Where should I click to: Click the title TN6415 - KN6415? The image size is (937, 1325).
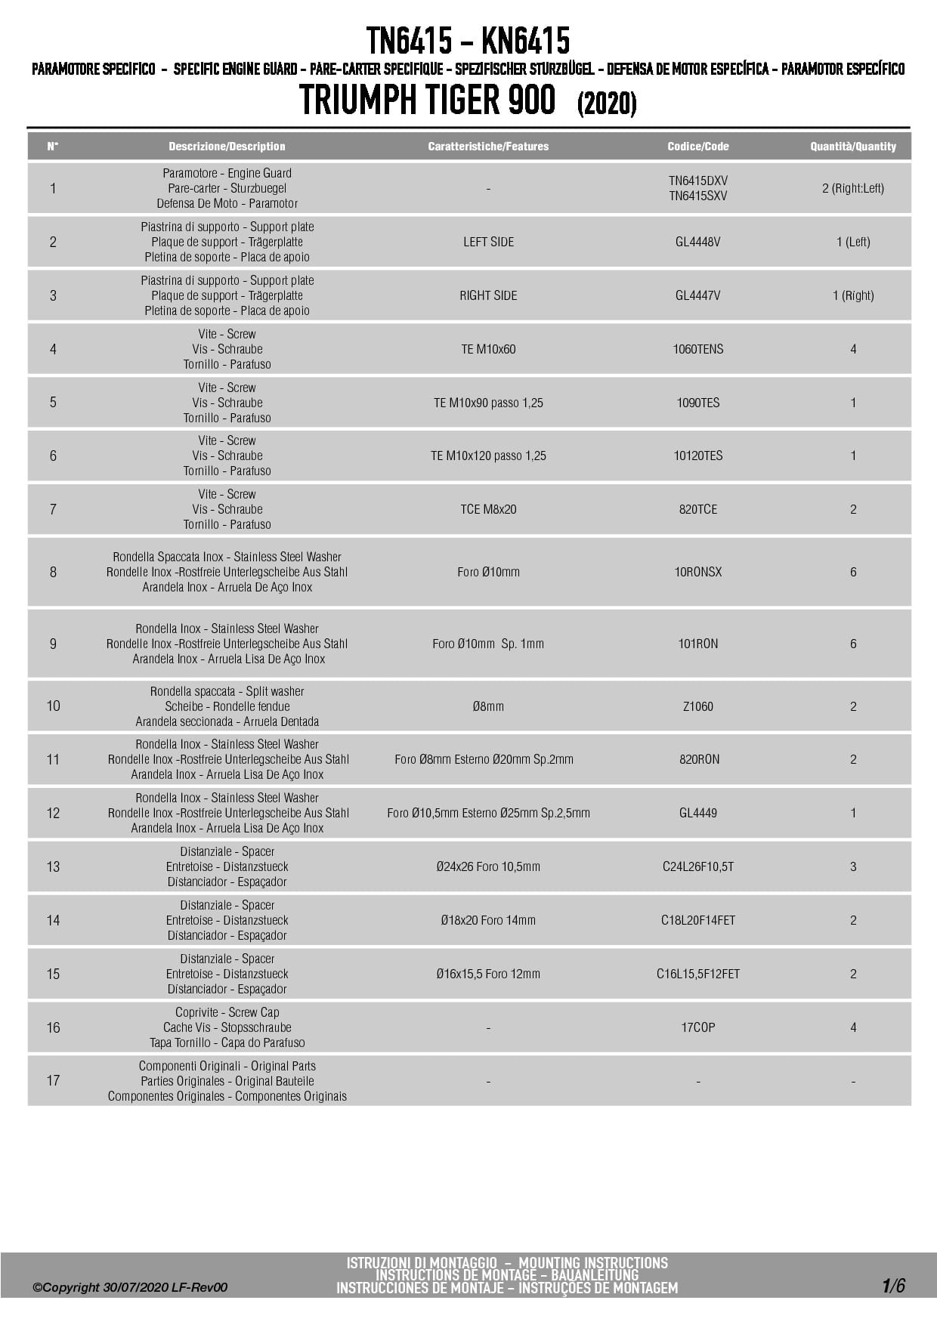[468, 40]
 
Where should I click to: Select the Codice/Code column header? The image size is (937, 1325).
[697, 147]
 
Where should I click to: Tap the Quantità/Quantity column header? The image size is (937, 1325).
[853, 147]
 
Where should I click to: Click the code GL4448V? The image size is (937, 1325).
[697, 242]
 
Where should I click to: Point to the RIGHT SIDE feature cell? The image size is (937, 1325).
[488, 295]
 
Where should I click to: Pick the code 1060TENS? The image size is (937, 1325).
[697, 349]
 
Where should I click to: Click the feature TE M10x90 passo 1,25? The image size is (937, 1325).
[488, 403]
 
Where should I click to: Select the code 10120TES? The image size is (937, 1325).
[697, 456]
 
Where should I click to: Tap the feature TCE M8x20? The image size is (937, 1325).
[488, 509]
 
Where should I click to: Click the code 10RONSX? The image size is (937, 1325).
[697, 572]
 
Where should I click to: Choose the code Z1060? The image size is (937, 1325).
[697, 706]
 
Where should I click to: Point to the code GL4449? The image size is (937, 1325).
[697, 813]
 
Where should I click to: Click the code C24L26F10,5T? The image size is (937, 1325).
[697, 866]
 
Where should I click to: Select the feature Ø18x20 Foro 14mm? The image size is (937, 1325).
[488, 920]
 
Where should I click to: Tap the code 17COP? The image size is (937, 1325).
[697, 1027]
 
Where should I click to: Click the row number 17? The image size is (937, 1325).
[53, 1081]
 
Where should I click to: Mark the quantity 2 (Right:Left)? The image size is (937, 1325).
[853, 188]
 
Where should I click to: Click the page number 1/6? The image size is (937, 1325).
[892, 1285]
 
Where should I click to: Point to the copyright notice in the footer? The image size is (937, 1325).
[130, 1287]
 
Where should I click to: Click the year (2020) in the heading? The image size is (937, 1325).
[607, 103]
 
